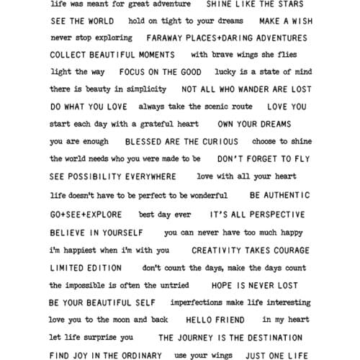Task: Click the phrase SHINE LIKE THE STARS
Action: point(250,4)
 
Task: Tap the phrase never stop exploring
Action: point(91,37)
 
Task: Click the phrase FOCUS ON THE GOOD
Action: point(160,72)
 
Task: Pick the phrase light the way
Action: point(77,72)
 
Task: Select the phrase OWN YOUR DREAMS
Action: point(254,124)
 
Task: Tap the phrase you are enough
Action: point(79,142)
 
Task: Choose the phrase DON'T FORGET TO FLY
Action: point(264,158)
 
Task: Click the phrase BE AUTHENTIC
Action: point(279,195)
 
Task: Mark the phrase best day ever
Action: point(165,215)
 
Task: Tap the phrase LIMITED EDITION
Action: point(86,268)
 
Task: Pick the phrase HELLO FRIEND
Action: point(215,320)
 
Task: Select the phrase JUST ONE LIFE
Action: point(276,355)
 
